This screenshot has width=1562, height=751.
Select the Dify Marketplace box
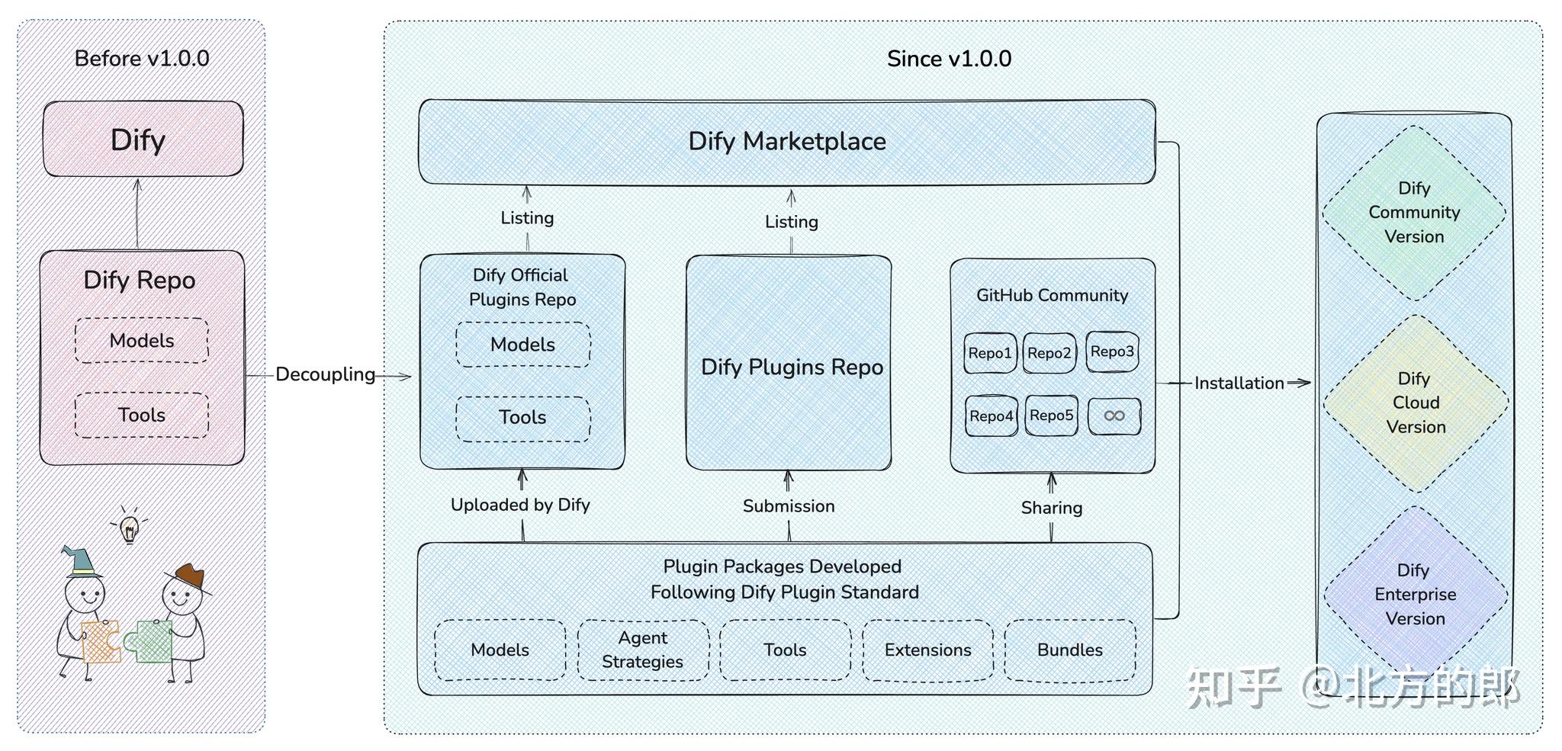point(786,142)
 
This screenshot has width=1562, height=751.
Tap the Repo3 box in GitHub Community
point(1112,351)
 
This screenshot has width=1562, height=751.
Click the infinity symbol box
point(1114,416)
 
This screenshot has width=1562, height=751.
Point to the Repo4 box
point(991,416)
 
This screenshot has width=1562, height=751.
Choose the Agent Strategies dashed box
point(643,650)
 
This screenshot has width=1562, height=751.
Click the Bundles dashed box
point(1069,650)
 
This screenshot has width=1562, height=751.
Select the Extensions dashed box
point(927,650)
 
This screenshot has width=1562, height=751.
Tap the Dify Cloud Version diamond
point(1416,403)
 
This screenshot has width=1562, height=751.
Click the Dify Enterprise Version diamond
point(1416,594)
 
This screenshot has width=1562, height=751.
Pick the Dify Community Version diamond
point(1414,212)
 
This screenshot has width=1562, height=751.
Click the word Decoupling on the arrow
point(325,374)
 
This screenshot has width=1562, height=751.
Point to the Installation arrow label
point(1239,383)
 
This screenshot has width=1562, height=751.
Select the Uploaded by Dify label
point(520,505)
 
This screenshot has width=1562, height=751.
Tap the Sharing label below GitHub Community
point(1051,508)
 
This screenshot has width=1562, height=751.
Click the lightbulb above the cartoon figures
point(130,527)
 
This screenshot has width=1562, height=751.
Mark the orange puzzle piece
point(101,641)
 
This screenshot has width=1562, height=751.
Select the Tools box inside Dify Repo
point(142,415)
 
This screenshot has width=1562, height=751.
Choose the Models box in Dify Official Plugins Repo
point(522,345)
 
